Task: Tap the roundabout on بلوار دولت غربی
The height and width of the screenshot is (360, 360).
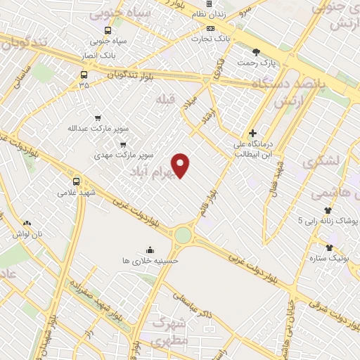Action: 183,234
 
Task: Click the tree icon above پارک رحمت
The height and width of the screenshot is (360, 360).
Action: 256,51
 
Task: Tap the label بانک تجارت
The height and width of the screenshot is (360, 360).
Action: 212,41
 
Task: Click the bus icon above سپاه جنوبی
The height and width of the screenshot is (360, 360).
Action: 107,30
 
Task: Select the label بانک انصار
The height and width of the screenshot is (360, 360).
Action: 98,55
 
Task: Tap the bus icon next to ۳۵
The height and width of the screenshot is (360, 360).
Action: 84,74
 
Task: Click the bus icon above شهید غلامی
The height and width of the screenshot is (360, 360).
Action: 76,180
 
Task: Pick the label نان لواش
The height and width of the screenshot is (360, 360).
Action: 27,233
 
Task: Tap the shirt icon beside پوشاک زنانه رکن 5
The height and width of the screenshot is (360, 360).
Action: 328,210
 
